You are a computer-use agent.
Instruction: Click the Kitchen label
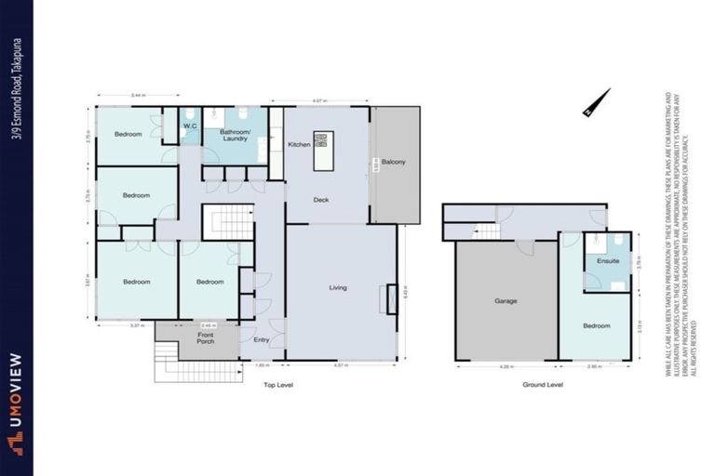click(299, 145)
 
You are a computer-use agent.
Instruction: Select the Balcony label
click(393, 162)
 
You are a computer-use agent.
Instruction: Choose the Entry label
click(262, 339)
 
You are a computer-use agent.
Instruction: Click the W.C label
click(189, 126)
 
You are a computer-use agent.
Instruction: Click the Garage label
click(506, 301)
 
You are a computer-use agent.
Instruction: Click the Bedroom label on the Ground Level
click(596, 325)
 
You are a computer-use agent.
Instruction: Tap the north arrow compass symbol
click(596, 102)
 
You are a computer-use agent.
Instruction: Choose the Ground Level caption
click(542, 384)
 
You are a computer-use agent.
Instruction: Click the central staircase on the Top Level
click(228, 224)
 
